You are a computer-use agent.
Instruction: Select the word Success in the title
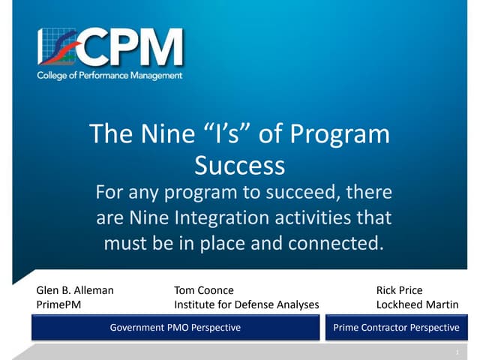[x=239, y=163]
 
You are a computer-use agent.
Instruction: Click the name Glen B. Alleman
[x=75, y=290]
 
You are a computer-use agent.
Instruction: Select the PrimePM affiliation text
[x=58, y=304]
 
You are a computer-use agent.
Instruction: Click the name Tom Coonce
[x=203, y=290]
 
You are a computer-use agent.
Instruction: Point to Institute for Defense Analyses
[x=246, y=304]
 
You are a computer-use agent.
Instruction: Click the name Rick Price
[x=399, y=290]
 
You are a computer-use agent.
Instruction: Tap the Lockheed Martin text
[x=417, y=304]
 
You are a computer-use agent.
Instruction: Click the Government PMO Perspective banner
[x=175, y=328]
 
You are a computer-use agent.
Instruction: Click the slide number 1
[x=456, y=351]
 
